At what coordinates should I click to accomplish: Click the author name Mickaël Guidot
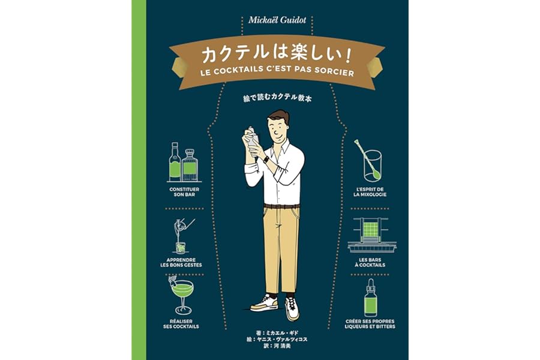pyautogui.click(x=277, y=20)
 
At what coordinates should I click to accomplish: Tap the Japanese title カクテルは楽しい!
pyautogui.click(x=277, y=55)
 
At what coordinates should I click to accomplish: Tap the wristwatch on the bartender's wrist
pyautogui.click(x=266, y=160)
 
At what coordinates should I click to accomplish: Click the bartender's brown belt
pyautogui.click(x=282, y=206)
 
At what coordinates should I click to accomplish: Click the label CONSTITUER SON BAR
pyautogui.click(x=184, y=192)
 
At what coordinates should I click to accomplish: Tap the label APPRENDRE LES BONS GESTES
pyautogui.click(x=181, y=263)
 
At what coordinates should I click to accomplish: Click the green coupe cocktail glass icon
pyautogui.click(x=181, y=295)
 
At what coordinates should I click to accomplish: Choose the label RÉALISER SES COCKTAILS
pyautogui.click(x=181, y=324)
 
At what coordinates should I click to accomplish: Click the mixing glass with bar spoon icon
pyautogui.click(x=371, y=161)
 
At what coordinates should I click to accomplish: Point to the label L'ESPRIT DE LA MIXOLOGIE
pyautogui.click(x=370, y=192)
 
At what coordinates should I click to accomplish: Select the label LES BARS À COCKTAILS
pyautogui.click(x=370, y=263)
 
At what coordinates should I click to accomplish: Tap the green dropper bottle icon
pyautogui.click(x=371, y=298)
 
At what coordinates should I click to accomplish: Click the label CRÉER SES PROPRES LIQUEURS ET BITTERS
pyautogui.click(x=370, y=324)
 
